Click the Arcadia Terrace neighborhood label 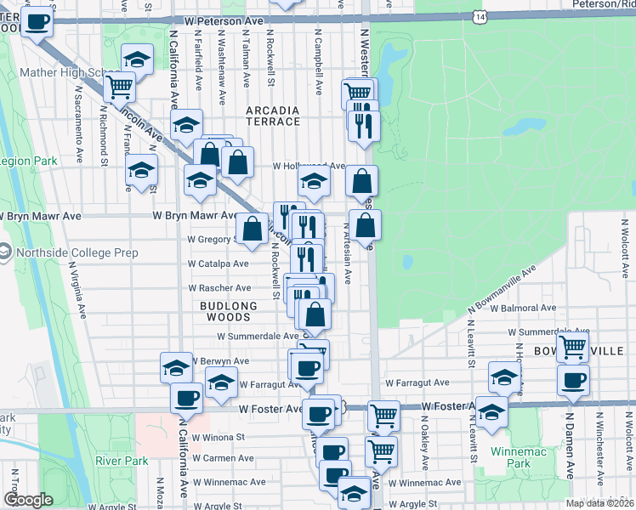(273, 116)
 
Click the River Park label (122, 461)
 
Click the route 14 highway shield (481, 17)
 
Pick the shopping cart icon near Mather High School (120, 85)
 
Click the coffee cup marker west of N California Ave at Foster (186, 396)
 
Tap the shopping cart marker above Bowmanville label (573, 346)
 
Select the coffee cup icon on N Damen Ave (573, 379)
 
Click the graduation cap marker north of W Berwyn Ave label (176, 367)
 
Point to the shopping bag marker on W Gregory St (253, 229)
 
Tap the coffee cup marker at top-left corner (37, 21)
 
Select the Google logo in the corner (29, 501)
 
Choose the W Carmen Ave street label (223, 458)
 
